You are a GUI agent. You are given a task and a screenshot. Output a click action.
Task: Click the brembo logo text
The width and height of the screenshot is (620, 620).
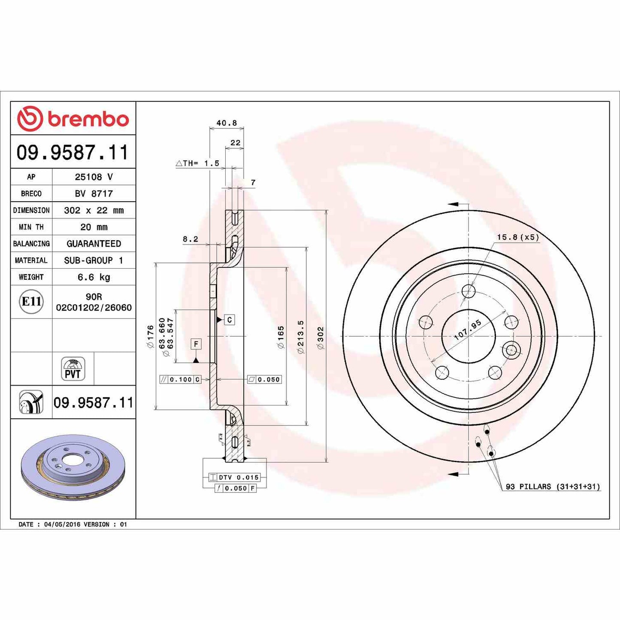pyautogui.click(x=88, y=119)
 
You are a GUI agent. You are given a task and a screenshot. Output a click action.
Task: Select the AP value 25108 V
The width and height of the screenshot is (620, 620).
pyautogui.click(x=94, y=177)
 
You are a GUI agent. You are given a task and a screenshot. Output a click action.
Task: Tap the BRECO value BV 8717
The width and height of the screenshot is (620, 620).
pyautogui.click(x=94, y=194)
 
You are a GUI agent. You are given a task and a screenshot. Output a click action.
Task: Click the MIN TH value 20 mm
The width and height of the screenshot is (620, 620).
pyautogui.click(x=94, y=227)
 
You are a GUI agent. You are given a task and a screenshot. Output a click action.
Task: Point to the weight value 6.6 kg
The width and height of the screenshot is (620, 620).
pyautogui.click(x=94, y=277)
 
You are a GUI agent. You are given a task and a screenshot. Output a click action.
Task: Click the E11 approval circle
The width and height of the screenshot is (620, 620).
pyautogui.click(x=31, y=302)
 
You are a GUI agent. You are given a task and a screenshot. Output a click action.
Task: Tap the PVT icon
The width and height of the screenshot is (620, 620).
pyautogui.click(x=73, y=369)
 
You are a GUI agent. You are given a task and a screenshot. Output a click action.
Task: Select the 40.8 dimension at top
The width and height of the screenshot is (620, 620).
pyautogui.click(x=227, y=123)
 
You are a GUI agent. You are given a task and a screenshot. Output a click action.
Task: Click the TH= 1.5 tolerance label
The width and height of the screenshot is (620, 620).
pyautogui.click(x=198, y=163)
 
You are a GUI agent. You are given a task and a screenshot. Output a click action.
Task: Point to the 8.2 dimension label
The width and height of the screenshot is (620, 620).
pyautogui.click(x=191, y=239)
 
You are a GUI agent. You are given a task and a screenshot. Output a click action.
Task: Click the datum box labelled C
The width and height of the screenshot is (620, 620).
pyautogui.click(x=230, y=320)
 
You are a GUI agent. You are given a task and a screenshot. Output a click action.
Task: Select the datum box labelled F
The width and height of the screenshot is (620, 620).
pyautogui.click(x=196, y=344)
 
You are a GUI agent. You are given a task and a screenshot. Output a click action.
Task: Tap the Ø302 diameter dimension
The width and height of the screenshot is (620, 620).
pyautogui.click(x=321, y=338)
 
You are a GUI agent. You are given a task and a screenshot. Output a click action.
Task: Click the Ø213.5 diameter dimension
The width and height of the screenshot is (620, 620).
pyautogui.click(x=301, y=337)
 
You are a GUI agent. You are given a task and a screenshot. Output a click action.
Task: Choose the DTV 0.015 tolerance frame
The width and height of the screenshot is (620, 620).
pyautogui.click(x=234, y=477)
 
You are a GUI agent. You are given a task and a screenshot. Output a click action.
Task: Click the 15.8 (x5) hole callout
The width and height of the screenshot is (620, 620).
pyautogui.click(x=518, y=237)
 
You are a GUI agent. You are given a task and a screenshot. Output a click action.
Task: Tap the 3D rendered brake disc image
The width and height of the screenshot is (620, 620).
pyautogui.click(x=73, y=467)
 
